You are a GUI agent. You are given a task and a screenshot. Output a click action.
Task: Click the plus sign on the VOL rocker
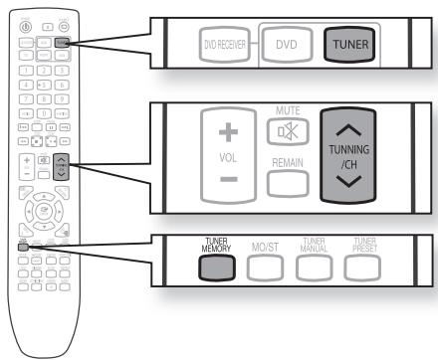tap(227, 132)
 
